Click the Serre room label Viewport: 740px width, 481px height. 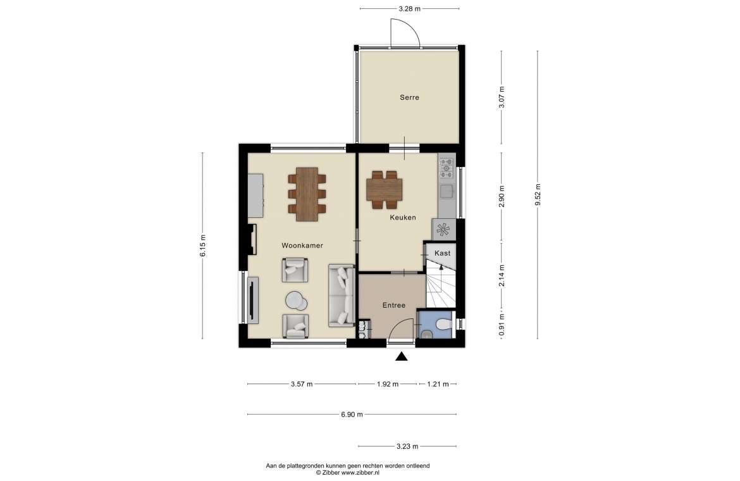point(409,97)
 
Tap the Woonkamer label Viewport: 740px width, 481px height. point(302,246)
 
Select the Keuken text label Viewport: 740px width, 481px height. point(402,218)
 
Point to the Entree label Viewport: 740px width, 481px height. point(393,306)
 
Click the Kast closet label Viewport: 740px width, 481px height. point(442,253)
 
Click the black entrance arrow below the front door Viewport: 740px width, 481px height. point(401,356)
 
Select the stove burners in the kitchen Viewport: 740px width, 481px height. point(447,168)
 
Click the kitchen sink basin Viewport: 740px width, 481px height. point(447,191)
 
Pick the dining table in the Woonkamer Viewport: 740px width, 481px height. point(307,194)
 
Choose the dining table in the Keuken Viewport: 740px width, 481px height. point(384,189)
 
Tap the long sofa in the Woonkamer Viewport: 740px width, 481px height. point(341,296)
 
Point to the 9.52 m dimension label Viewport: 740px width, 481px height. point(538,195)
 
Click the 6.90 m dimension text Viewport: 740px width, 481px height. point(352,415)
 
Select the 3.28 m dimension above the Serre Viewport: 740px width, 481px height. point(409,8)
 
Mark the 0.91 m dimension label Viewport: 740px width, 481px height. point(502,325)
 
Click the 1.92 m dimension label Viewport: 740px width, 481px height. point(388,384)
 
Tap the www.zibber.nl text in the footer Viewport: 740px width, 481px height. point(360,472)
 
